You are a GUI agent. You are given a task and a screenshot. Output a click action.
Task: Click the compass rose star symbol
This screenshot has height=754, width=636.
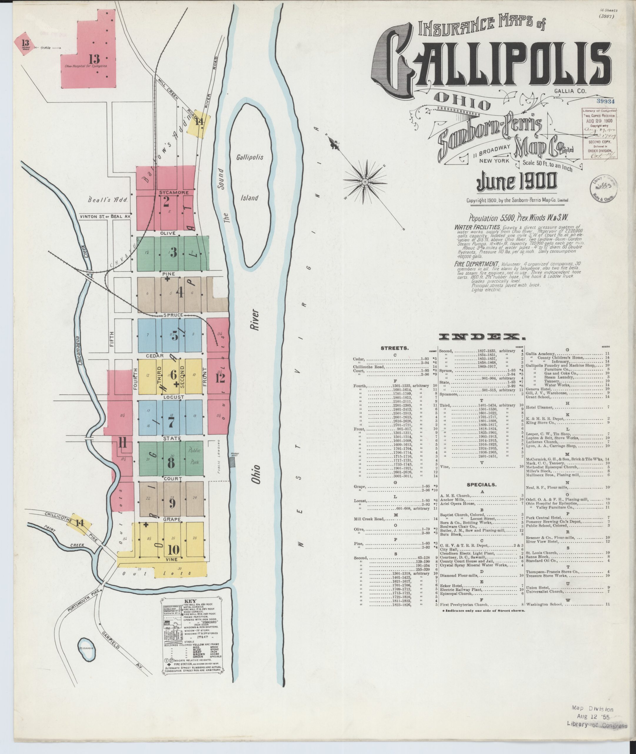(364, 179)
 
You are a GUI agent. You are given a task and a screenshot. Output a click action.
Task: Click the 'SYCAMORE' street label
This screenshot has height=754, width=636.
(174, 192)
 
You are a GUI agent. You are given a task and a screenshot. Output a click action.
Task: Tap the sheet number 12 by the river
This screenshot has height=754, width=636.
(220, 378)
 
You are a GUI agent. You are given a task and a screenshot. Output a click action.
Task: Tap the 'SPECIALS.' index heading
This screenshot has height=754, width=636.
(481, 485)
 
